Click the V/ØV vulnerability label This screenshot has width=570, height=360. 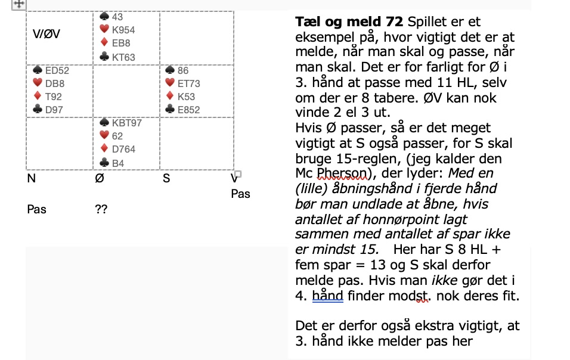pos(47,34)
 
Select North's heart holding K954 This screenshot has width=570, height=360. pos(123,30)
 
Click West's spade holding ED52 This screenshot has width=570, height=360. pos(57,70)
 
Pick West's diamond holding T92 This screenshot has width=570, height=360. pos(53,97)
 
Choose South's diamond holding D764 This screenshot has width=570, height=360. pos(123,149)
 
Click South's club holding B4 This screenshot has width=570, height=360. pos(117,162)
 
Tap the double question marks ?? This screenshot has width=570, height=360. pos(101,209)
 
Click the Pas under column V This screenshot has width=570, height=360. pos(240,194)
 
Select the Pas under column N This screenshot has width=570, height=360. pos(36,209)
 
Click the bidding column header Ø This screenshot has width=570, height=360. pos(100,177)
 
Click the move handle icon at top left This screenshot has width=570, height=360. pos(18,4)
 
